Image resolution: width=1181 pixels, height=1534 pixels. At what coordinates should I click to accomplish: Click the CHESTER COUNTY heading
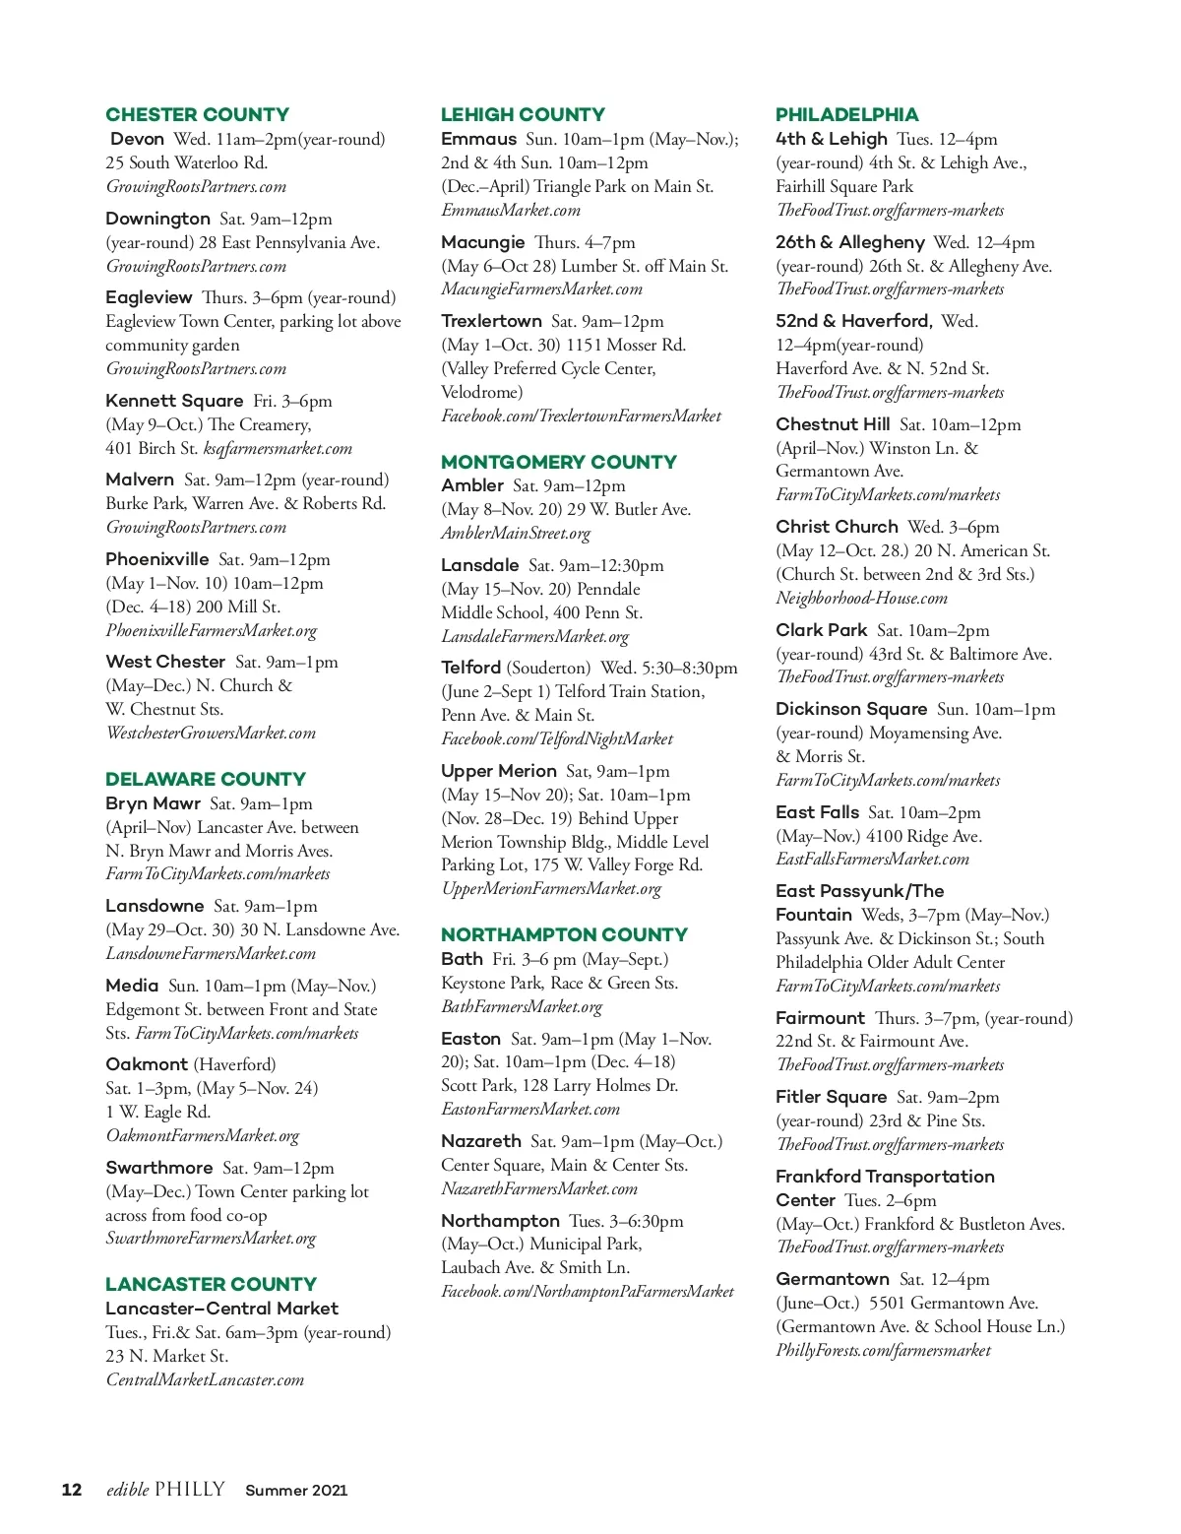pos(197,114)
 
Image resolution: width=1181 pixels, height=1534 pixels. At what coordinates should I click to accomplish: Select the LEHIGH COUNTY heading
pos(523,114)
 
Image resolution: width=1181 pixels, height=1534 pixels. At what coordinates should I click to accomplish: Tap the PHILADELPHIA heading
pos(846,114)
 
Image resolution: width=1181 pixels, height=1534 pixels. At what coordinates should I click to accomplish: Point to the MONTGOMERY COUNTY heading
pos(559,462)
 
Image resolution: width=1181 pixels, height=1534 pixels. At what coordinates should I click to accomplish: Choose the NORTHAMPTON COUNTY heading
pos(564,934)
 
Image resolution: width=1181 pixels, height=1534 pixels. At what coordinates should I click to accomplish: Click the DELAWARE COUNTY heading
pos(206,779)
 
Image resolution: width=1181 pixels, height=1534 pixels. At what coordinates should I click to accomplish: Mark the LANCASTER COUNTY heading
pos(211,1284)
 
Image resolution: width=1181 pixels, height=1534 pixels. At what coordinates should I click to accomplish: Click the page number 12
pos(72,1490)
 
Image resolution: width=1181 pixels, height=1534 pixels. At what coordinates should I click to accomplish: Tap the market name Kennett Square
pos(174,401)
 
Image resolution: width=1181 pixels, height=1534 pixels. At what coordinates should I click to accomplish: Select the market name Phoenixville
pos(157,559)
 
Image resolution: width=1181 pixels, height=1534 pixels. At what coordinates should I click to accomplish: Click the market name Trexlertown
pos(491,321)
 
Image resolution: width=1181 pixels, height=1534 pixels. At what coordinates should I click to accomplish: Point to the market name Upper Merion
pos(499,771)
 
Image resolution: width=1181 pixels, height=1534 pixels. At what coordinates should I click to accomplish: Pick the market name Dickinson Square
pos(851,709)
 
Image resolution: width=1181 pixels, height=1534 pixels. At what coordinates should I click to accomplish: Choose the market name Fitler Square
pos(832,1097)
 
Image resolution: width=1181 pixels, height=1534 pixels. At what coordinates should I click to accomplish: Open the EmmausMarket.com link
pos(511,211)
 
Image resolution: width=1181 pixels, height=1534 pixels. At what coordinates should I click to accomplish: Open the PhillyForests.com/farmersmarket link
pos(883,1351)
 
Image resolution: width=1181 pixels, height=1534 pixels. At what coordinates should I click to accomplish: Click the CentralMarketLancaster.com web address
pos(205,1380)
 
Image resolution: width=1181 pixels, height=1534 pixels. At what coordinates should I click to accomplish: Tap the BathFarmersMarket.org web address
pos(522,1007)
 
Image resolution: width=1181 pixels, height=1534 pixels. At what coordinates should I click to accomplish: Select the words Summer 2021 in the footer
pos(296,1491)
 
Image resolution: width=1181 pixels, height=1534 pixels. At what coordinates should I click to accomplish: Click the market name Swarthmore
pos(159,1168)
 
